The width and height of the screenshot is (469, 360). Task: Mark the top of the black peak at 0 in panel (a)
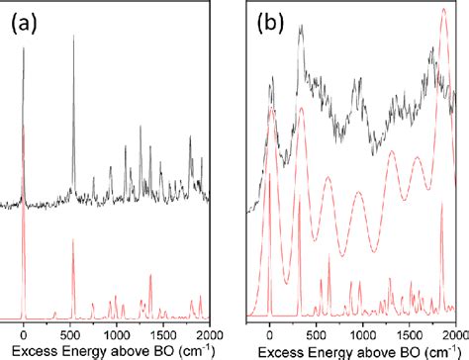(24, 47)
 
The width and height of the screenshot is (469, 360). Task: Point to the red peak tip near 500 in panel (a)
(72, 239)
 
